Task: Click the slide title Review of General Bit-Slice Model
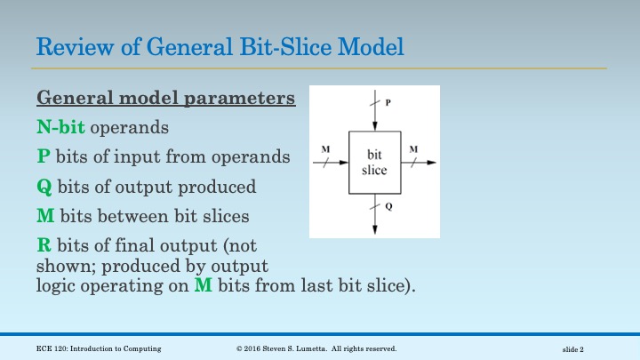[x=218, y=44]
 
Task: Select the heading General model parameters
[x=165, y=99]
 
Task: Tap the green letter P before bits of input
[x=43, y=157]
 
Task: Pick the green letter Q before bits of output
[x=44, y=187]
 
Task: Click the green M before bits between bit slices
[x=45, y=215]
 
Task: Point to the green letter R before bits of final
[x=43, y=244]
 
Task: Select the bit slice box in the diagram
[x=374, y=163]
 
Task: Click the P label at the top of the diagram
[x=387, y=103]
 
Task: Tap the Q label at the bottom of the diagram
[x=388, y=206]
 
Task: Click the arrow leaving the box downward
[x=374, y=213]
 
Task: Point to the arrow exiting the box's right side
[x=420, y=163]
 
